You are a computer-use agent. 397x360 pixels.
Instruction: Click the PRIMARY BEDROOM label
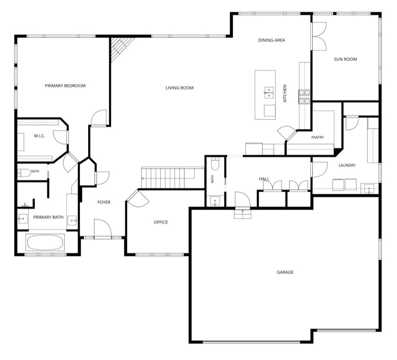pos(65,86)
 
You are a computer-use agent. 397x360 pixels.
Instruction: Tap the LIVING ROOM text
pos(180,88)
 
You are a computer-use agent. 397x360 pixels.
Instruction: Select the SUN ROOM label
pos(345,59)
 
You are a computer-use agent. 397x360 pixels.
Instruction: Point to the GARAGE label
pos(285,272)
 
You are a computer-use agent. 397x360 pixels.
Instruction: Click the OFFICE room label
pos(161,222)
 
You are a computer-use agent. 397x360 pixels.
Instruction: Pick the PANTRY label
pos(318,137)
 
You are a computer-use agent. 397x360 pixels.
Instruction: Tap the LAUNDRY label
pos(347,165)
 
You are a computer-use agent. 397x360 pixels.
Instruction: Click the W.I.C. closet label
pos(40,136)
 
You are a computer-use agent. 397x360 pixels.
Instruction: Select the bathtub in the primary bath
pos(45,242)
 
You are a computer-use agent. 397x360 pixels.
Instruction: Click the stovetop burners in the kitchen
pos(304,96)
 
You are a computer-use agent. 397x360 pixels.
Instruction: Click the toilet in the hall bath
pos(215,164)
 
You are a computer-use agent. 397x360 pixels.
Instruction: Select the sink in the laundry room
pos(369,189)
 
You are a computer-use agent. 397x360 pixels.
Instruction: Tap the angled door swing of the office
pos(138,199)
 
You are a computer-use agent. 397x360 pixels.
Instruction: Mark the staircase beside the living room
pos(172,178)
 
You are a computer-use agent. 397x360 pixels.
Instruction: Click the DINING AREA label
pos(272,40)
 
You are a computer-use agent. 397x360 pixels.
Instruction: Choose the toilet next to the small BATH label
pos(24,173)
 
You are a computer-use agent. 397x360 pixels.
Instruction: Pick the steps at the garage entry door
pos(243,214)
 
